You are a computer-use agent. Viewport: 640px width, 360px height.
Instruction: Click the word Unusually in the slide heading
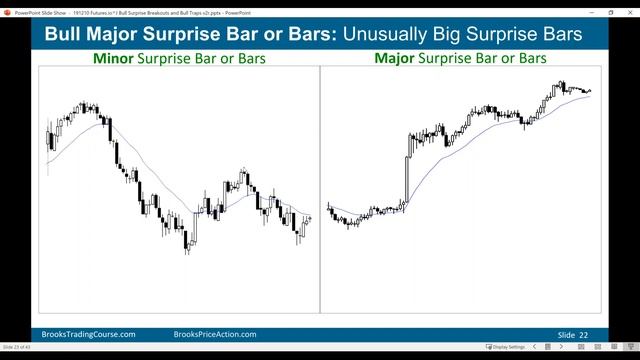coord(384,35)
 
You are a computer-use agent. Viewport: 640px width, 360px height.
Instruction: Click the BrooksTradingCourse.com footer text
coord(89,334)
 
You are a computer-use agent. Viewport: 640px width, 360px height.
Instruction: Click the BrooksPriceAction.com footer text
coord(215,334)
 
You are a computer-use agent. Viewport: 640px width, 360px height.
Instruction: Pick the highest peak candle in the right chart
coord(562,86)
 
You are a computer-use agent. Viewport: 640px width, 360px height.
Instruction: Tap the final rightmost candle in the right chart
coord(590,91)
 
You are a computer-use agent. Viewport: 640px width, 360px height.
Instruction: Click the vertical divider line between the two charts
coord(320,190)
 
